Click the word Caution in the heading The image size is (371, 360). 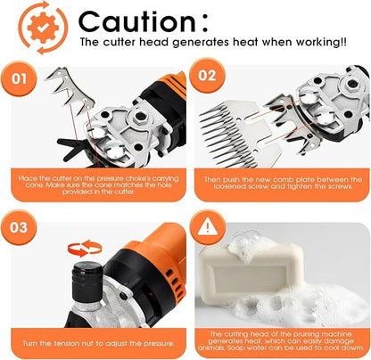[137, 21]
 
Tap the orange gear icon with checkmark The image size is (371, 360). [44, 28]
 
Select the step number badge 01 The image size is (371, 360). [19, 78]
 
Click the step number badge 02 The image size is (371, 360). [207, 76]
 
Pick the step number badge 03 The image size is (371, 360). [19, 227]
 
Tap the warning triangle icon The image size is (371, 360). [208, 227]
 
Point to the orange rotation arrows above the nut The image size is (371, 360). [85, 249]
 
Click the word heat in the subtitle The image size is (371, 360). [245, 42]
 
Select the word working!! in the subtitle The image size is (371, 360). [321, 42]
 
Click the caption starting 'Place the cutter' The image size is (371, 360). [98, 185]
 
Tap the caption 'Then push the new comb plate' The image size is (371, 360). [283, 183]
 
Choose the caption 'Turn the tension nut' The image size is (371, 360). [98, 344]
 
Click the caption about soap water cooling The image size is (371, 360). [281, 341]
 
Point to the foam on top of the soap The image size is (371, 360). [252, 245]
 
